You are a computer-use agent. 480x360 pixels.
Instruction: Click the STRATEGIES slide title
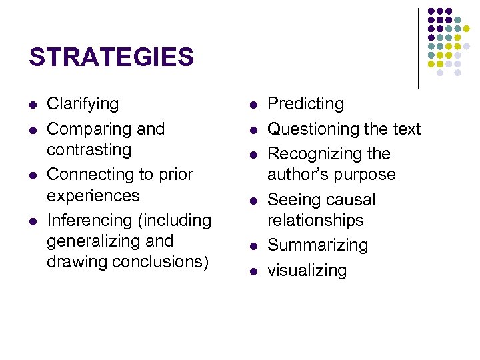tap(111, 57)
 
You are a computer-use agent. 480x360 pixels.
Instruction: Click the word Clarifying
tap(83, 104)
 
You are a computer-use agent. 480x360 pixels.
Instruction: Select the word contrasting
tap(89, 149)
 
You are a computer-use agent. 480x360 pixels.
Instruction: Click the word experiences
tap(93, 195)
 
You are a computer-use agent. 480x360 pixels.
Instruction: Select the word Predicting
tap(306, 104)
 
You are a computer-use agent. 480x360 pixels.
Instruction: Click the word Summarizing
tap(317, 245)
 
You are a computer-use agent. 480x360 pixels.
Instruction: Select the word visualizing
tap(307, 270)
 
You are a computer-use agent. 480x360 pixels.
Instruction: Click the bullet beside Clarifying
tap(33, 105)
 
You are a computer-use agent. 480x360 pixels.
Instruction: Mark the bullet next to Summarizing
tap(254, 246)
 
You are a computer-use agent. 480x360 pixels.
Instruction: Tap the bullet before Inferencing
tap(33, 221)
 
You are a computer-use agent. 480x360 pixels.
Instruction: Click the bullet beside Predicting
tap(254, 105)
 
